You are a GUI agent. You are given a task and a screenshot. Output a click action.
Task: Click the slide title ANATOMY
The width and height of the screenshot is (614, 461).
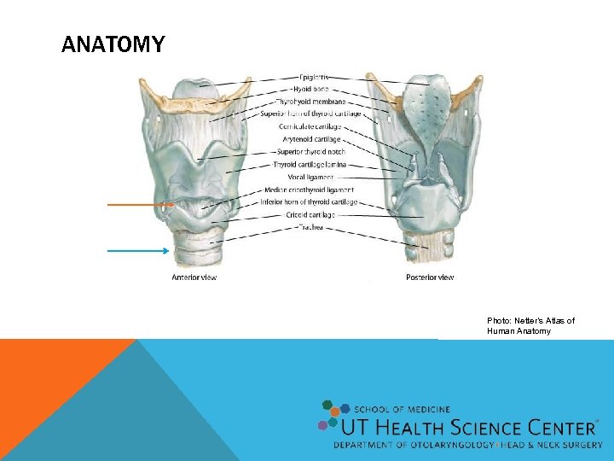113,44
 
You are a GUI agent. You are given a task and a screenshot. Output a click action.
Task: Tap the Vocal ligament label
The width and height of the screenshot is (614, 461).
316,177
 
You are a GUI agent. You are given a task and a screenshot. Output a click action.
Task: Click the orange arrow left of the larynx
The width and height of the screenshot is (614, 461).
140,205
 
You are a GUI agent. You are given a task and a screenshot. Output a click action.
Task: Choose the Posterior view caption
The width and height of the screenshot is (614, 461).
430,277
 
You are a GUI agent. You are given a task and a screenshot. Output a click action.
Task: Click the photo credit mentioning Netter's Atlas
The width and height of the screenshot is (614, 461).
530,325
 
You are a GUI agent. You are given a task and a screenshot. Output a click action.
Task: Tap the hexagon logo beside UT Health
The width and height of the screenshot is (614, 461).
333,415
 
